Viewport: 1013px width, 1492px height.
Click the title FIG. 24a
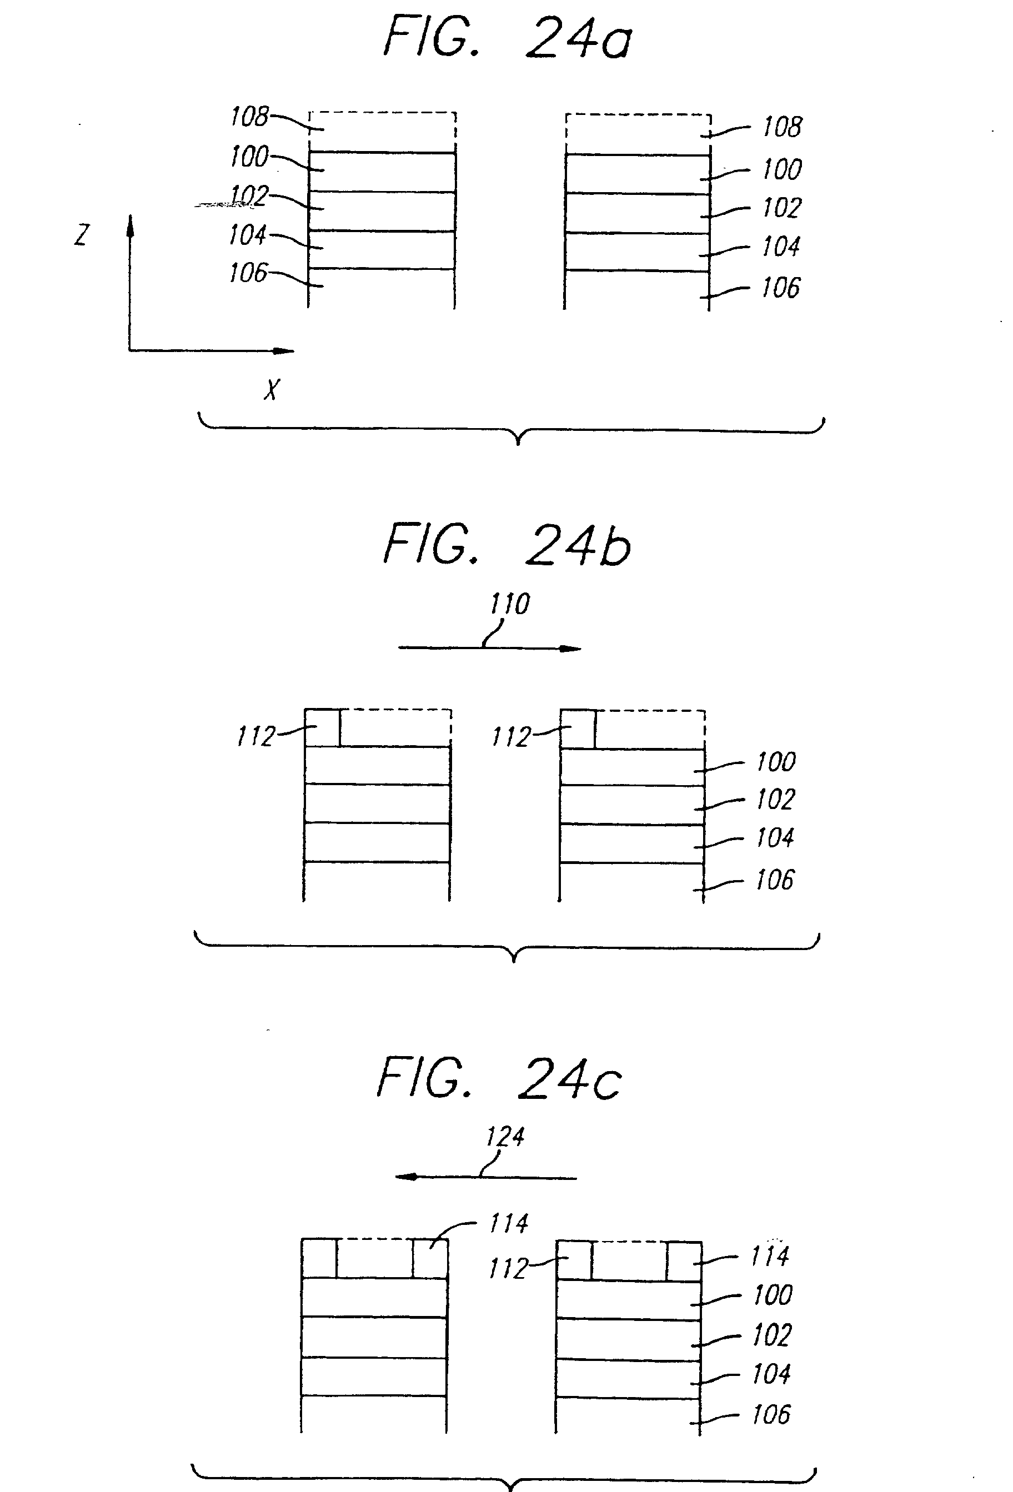pos(507,38)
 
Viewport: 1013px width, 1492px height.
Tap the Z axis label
pos(82,235)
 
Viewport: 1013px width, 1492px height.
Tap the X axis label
pos(272,390)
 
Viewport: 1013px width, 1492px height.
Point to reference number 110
pos(510,604)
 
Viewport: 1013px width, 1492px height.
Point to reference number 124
pos(505,1137)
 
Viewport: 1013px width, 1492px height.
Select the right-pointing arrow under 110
pos(489,648)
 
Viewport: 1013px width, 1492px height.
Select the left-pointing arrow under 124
pos(485,1177)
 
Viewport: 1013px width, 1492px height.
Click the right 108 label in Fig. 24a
pos(782,127)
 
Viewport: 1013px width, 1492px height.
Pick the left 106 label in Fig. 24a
pos(248,273)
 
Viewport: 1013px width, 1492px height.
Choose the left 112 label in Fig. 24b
pos(255,736)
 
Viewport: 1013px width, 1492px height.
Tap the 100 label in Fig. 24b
pos(776,762)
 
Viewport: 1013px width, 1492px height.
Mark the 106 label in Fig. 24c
pos(771,1415)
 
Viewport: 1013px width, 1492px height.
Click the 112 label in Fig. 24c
pos(508,1269)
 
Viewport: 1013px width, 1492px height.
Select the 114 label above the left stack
pos(508,1223)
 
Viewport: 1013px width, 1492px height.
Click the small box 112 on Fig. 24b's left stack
pos(322,727)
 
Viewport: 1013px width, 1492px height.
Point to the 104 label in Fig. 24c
pos(771,1374)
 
